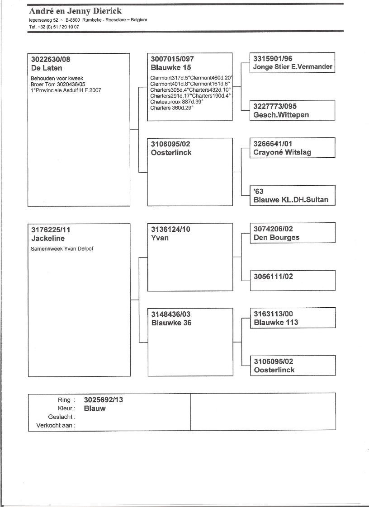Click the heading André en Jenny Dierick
(75, 11)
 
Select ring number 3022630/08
(51, 59)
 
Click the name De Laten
(47, 68)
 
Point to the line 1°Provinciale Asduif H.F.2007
(66, 90)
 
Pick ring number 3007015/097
(173, 59)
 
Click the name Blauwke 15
(171, 67)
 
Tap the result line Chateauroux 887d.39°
(176, 102)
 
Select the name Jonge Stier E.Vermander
(293, 67)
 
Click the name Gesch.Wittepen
(281, 115)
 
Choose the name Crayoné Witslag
(282, 152)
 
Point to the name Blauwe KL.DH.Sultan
(291, 200)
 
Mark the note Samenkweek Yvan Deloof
(62, 249)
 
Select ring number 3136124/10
(170, 229)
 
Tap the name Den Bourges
(276, 237)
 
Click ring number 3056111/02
(273, 276)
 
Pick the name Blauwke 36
(171, 323)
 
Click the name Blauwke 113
(276, 322)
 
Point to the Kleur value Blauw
(95, 408)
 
